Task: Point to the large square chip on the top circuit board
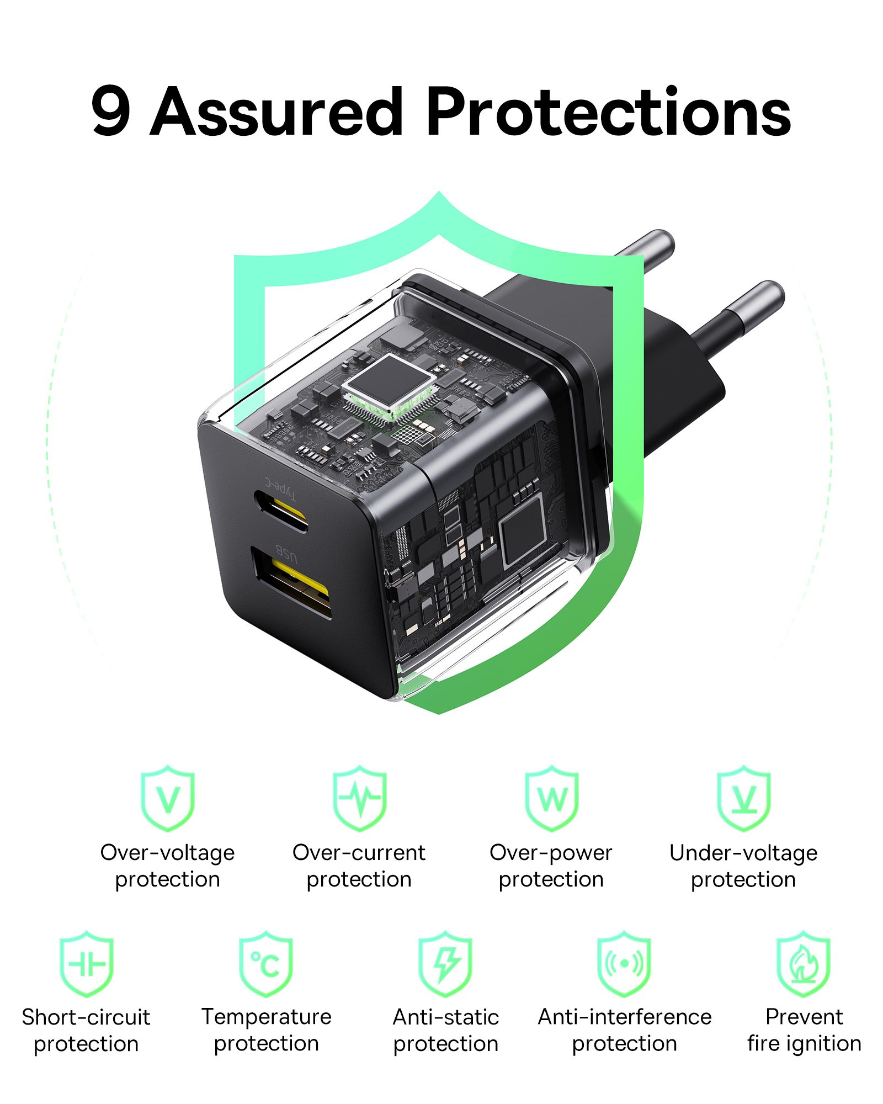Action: (389, 381)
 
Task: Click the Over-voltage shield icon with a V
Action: (168, 798)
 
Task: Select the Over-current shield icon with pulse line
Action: (359, 798)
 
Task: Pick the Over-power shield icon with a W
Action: (551, 798)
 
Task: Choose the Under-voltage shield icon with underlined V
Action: (743, 798)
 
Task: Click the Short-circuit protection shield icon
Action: (86, 964)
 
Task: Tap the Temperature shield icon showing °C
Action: (266, 964)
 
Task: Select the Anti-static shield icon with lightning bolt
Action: (445, 964)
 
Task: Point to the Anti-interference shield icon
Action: (624, 964)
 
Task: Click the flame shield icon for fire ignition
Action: (804, 964)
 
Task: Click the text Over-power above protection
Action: (551, 853)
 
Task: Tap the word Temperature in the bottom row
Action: (266, 1017)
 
